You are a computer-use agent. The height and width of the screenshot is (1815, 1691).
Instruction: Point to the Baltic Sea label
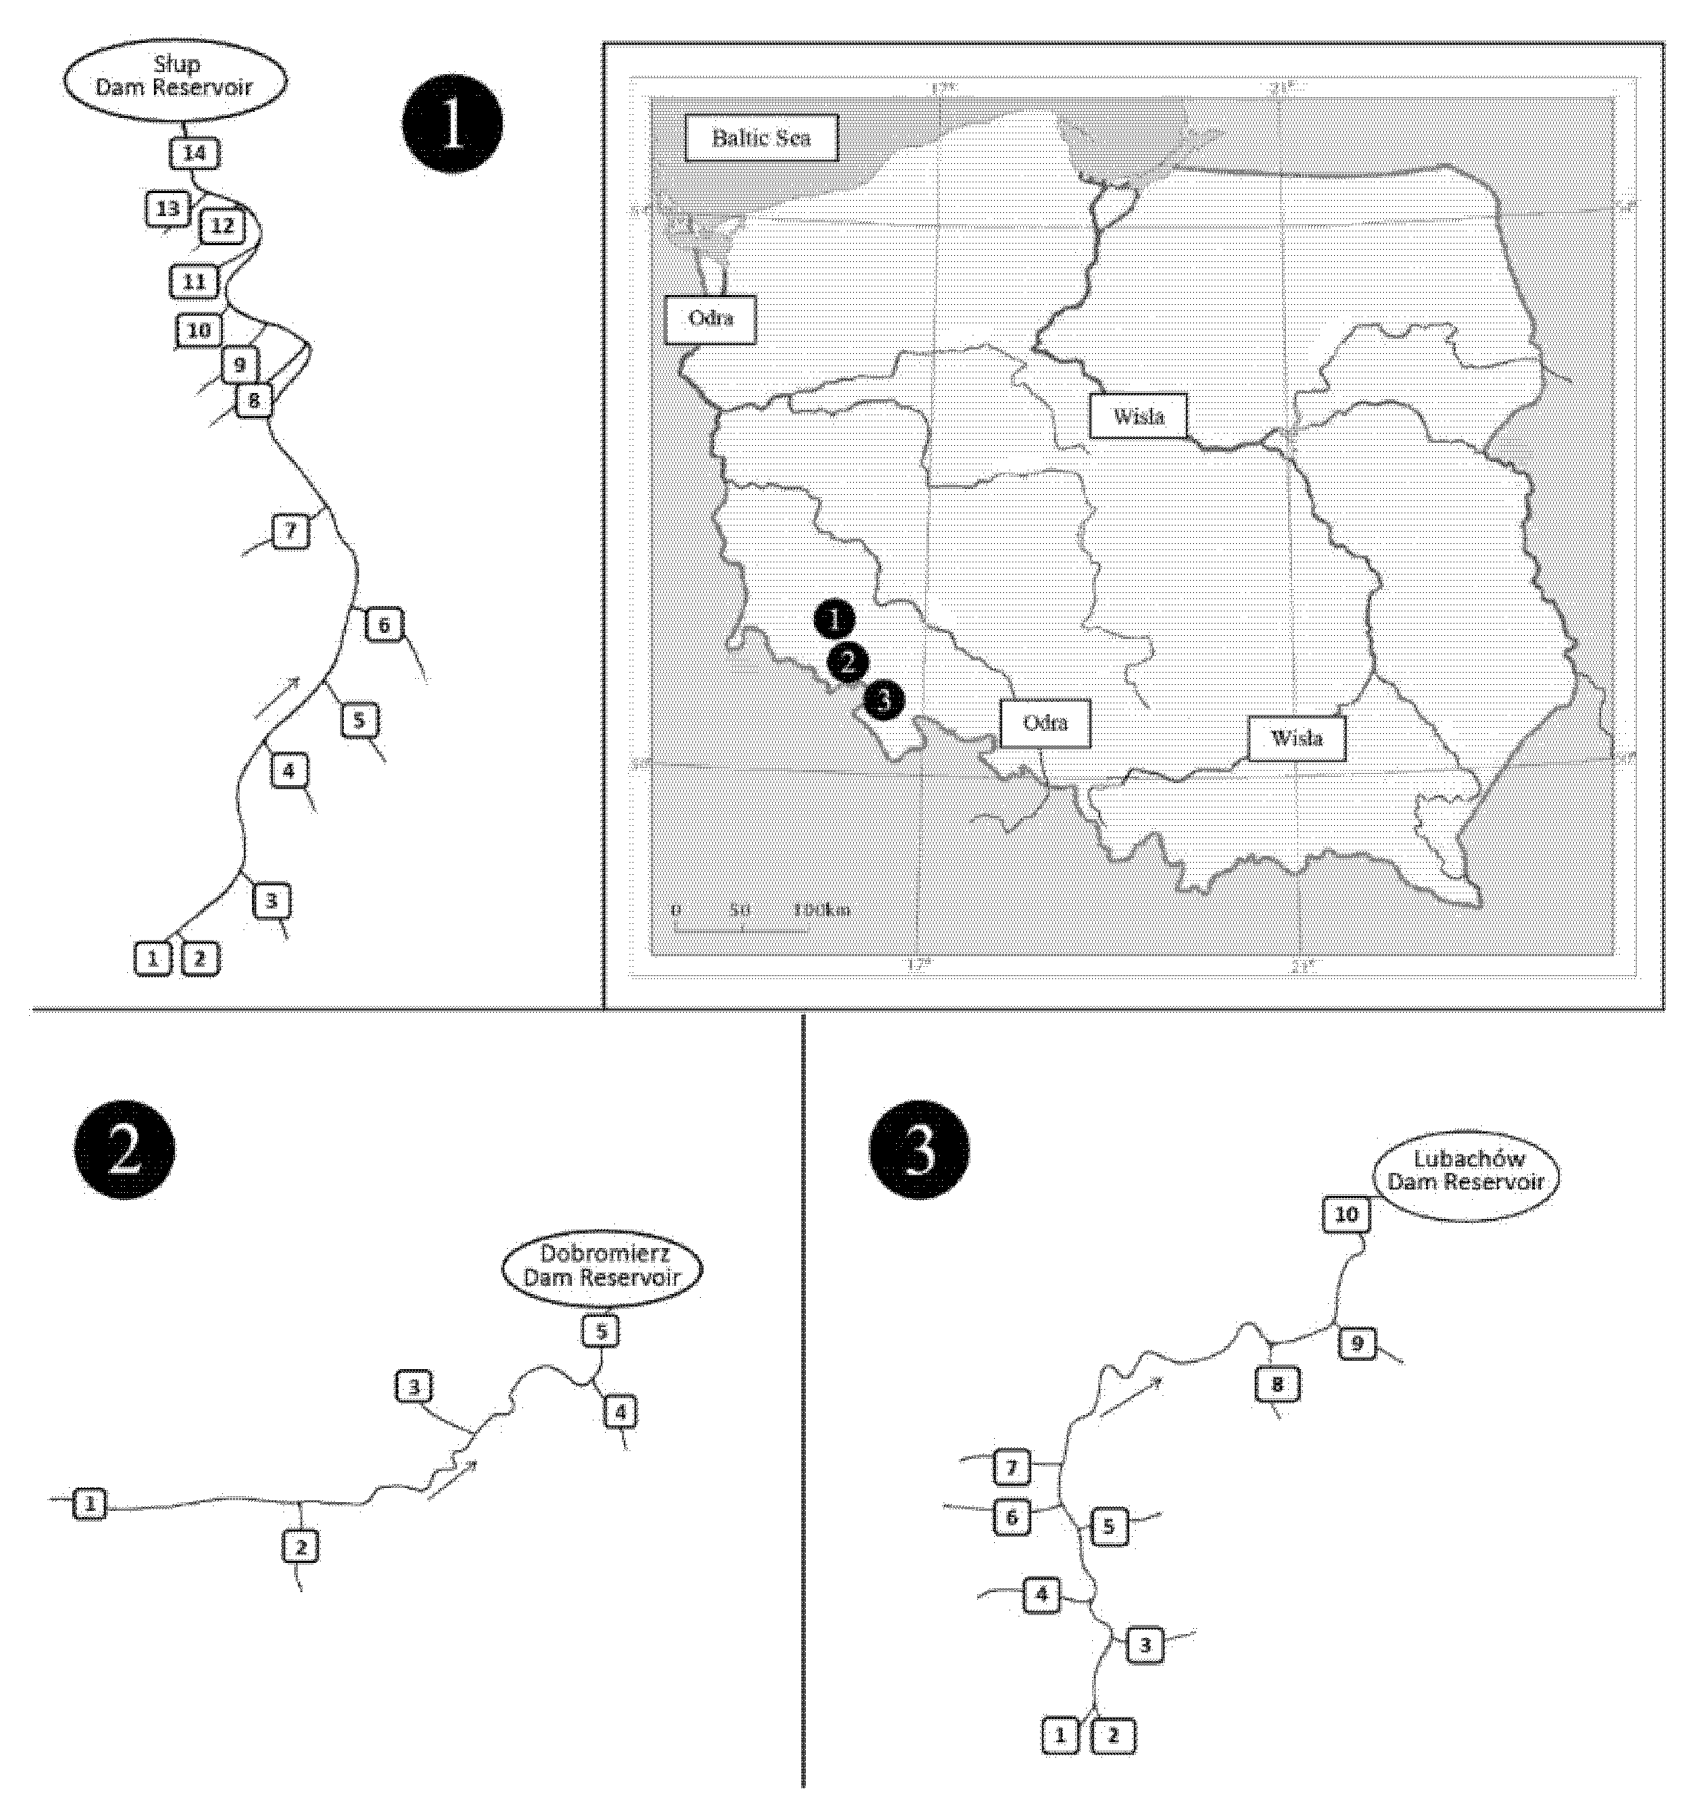tap(760, 139)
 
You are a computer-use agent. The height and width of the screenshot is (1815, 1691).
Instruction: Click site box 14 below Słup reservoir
tap(195, 153)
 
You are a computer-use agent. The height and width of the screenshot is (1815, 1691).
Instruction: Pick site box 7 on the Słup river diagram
tap(290, 530)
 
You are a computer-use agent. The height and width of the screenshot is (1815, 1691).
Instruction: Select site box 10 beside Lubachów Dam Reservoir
tap(1346, 1214)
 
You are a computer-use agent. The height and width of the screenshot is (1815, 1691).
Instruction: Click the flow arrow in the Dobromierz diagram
tap(453, 1477)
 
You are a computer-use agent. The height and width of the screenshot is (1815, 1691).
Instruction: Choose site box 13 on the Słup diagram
tap(168, 209)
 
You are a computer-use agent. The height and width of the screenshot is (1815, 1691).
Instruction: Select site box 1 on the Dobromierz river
tap(90, 1504)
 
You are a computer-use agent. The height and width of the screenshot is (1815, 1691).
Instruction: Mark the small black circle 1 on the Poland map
tap(834, 620)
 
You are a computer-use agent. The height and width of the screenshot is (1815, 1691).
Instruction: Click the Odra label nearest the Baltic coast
tap(710, 319)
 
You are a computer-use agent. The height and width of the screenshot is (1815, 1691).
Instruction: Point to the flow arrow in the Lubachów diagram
tap(1132, 1396)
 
